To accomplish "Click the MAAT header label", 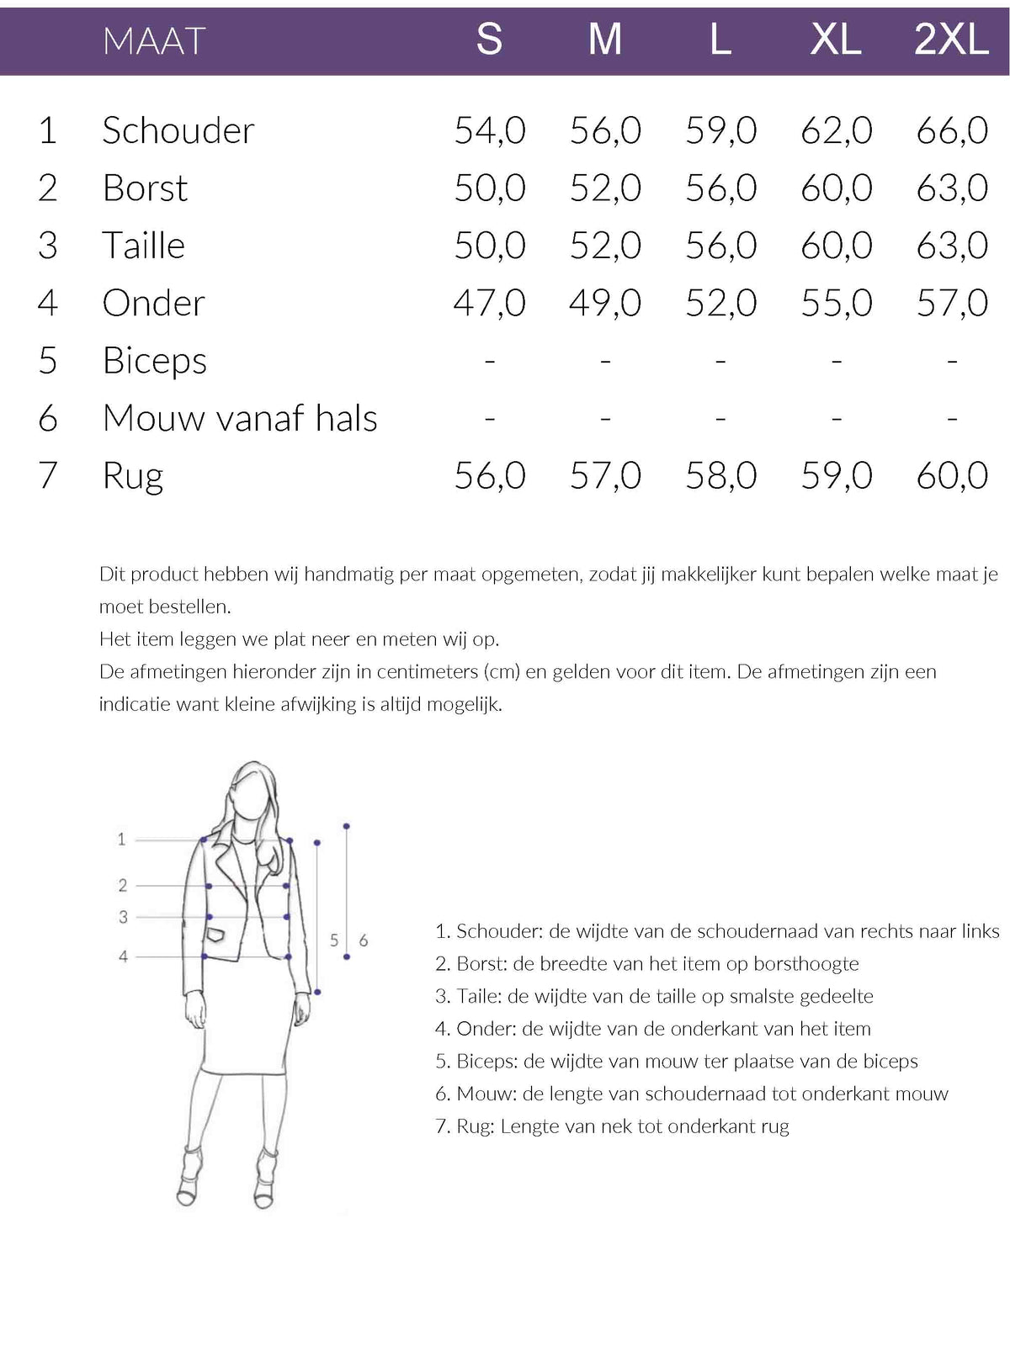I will [154, 40].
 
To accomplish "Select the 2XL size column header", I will [951, 40].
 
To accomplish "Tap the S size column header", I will [489, 40].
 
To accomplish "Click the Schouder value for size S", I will [490, 130].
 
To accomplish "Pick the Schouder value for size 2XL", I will [952, 130].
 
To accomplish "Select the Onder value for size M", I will [605, 303].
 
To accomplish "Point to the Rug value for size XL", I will [837, 475].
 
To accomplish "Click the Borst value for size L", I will [720, 188].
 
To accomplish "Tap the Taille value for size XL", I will [837, 246].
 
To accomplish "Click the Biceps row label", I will [155, 361].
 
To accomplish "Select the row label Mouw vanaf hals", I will [240, 418].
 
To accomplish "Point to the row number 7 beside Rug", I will [48, 475].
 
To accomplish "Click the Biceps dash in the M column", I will [605, 361].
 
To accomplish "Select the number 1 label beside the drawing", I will [121, 839].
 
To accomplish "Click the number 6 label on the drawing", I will [364, 940].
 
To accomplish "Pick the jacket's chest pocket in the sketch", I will [217, 934].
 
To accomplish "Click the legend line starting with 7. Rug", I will [612, 1126].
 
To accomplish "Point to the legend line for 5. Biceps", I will [676, 1062].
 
